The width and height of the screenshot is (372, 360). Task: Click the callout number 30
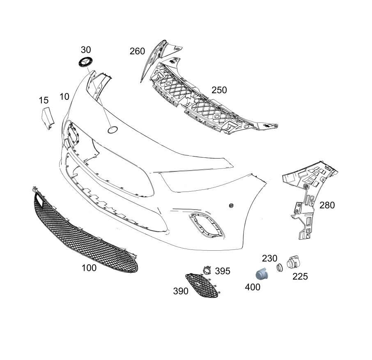[x=86, y=50]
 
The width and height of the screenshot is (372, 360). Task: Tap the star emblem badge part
[x=85, y=62]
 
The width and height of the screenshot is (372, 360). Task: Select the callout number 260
[x=137, y=51]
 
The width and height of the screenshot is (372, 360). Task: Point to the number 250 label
[x=219, y=90]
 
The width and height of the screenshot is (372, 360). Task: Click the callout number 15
[x=44, y=100]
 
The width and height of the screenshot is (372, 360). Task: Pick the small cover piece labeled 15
[x=48, y=118]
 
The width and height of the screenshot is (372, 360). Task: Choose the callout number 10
[x=64, y=97]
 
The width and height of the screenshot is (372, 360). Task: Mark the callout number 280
[x=327, y=205]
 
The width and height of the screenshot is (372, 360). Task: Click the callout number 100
[x=89, y=268]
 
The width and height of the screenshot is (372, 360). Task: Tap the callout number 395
[x=223, y=271]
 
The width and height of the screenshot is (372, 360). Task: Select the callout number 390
[x=181, y=291]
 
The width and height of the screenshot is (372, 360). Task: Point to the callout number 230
[x=269, y=258]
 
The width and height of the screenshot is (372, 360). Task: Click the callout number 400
[x=253, y=287]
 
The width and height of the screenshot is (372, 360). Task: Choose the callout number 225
[x=300, y=277]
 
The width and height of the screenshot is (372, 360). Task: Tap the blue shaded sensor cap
[x=261, y=274]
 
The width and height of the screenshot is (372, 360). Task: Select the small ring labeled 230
[x=280, y=268]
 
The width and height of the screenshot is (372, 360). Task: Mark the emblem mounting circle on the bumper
[x=113, y=129]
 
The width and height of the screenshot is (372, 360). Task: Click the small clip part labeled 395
[x=207, y=270]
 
